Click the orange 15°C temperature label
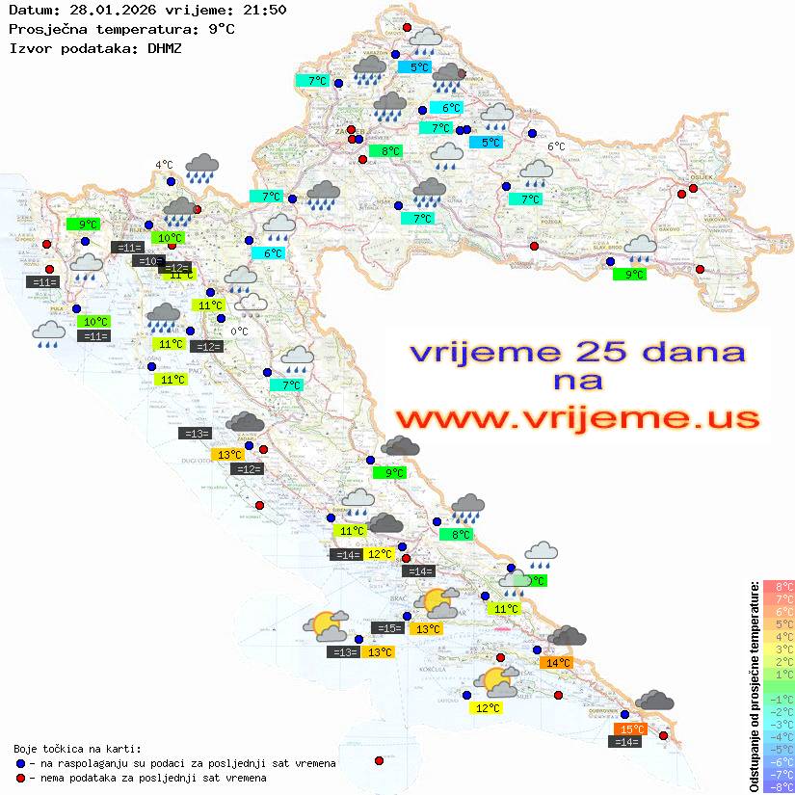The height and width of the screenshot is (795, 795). coord(631,729)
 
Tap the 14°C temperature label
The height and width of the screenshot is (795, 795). coord(558,662)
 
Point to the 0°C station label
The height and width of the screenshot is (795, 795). coord(239,331)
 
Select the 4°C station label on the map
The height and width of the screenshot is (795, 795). coord(164,165)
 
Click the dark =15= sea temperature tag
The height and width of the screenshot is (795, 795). coord(387,628)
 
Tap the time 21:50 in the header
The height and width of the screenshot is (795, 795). coord(264,10)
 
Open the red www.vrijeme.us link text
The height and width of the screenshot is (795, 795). coord(576,418)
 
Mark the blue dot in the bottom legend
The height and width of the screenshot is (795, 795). coord(21,763)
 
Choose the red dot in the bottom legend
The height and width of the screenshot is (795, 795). coord(21,778)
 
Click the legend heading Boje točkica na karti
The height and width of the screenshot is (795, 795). coord(77,748)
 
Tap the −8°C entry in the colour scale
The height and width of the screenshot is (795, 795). coord(778,786)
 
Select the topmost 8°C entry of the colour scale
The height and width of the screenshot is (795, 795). coord(778,586)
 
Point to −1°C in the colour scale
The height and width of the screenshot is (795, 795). coord(778,699)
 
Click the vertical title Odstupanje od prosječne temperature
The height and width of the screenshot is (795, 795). coord(754,686)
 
